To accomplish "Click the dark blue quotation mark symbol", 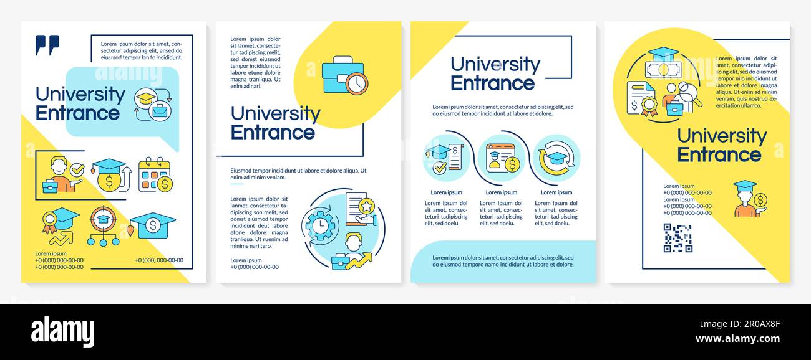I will pos(47,44).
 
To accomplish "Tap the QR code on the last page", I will pos(677,238).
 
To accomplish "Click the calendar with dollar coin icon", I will pos(155,175).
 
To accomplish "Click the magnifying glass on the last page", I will pos(689,93).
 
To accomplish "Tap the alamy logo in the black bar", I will pos(62,331).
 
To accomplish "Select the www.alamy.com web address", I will pos(737,339).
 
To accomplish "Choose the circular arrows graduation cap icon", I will pos(556,158).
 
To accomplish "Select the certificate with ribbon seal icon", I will pos(641,100).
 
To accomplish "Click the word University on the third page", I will pos(495,64).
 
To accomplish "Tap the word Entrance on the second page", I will pos(273,133).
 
